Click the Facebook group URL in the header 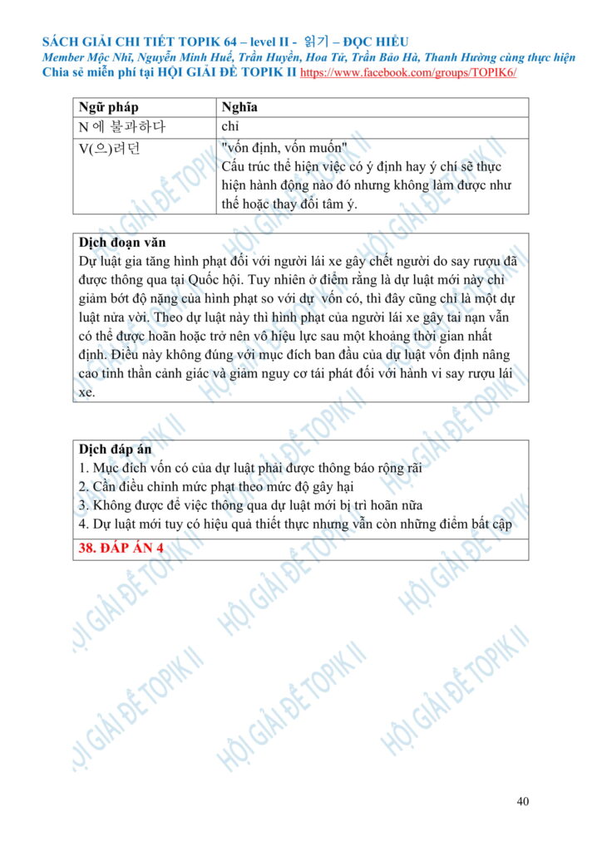pos(407,72)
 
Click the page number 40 pos(522,801)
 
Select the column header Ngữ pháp pos(108,107)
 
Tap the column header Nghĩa pos(239,107)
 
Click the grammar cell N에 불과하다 pos(121,127)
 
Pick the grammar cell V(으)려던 pos(110,148)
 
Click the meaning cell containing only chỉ pos(230,127)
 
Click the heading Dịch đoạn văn pos(121,243)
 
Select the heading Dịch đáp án pos(115,450)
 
